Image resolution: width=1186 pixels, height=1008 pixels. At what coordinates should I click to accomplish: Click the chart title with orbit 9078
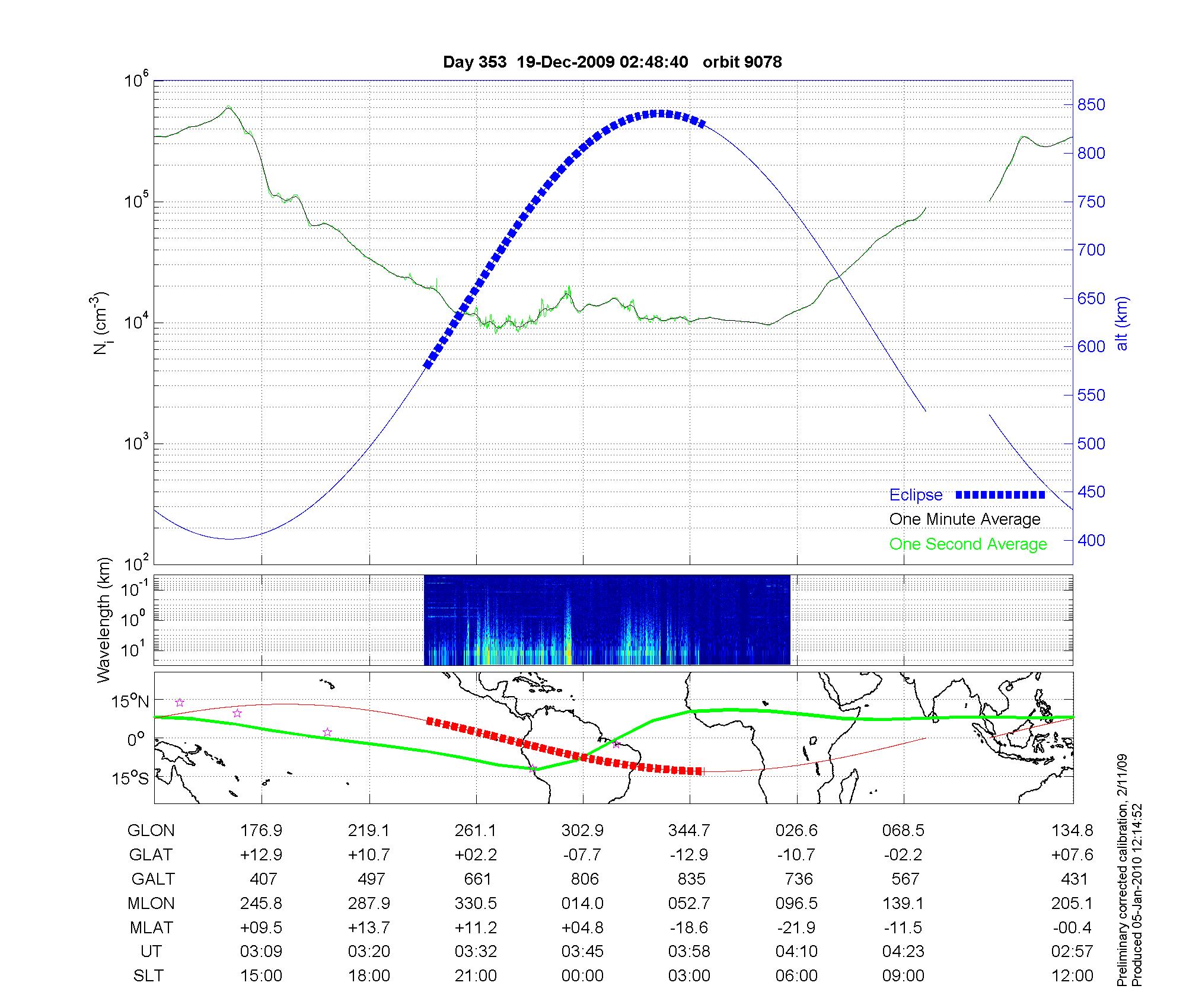[x=612, y=62]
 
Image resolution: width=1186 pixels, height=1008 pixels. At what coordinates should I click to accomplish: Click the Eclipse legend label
[x=916, y=495]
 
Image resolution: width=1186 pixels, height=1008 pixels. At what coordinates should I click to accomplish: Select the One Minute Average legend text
[x=965, y=519]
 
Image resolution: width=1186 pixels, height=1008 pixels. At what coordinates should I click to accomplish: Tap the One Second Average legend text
[x=968, y=544]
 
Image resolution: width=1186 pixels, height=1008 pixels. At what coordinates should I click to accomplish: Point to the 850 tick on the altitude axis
[x=1091, y=105]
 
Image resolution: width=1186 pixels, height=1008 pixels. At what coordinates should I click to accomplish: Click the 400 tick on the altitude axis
[x=1091, y=540]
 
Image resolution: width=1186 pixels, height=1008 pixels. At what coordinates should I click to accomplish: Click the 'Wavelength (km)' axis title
[x=104, y=620]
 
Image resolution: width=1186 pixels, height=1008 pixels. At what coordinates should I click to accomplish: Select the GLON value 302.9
[x=582, y=831]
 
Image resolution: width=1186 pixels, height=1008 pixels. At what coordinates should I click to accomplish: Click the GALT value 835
[x=691, y=879]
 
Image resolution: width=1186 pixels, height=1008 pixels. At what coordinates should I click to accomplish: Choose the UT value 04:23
[x=903, y=952]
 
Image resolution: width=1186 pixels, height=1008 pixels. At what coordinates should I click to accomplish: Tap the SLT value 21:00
[x=476, y=976]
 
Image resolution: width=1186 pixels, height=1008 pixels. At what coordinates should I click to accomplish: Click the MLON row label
[x=151, y=904]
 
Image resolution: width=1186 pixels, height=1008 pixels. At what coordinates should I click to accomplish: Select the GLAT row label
[x=151, y=855]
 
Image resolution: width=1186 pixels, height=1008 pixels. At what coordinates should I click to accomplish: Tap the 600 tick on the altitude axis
[x=1091, y=347]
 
